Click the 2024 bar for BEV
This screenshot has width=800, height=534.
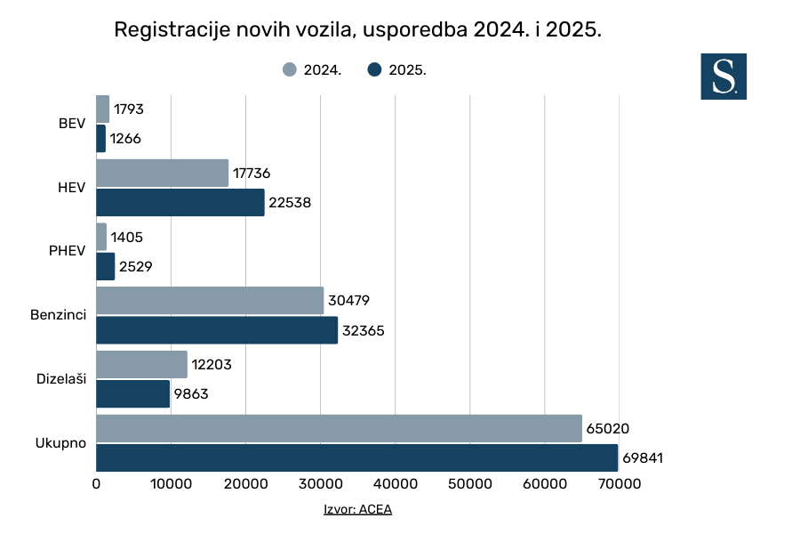click(x=102, y=109)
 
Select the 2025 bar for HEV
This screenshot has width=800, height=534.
click(x=180, y=202)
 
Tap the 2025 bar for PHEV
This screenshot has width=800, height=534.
click(x=106, y=266)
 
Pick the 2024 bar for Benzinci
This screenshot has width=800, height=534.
click(x=210, y=301)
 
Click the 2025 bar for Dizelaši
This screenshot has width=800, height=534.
click(x=132, y=393)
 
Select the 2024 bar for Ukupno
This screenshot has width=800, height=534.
click(x=339, y=428)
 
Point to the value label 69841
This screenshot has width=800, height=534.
click(x=643, y=458)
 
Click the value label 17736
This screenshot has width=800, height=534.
click(x=252, y=174)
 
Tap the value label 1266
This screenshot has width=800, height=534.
click(x=125, y=139)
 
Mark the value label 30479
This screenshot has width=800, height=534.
click(x=348, y=302)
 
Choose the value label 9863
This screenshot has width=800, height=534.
click(x=191, y=394)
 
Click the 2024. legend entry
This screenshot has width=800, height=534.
click(x=312, y=70)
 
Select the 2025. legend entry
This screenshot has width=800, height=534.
click(x=396, y=70)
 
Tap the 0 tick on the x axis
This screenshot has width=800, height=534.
click(x=96, y=484)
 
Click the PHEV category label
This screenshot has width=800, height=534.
click(x=68, y=251)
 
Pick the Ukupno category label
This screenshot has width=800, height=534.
click(x=60, y=442)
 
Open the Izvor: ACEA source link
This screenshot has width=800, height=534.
click(x=357, y=510)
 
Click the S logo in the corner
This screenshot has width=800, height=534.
click(x=724, y=76)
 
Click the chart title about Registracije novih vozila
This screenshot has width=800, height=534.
click(x=358, y=29)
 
